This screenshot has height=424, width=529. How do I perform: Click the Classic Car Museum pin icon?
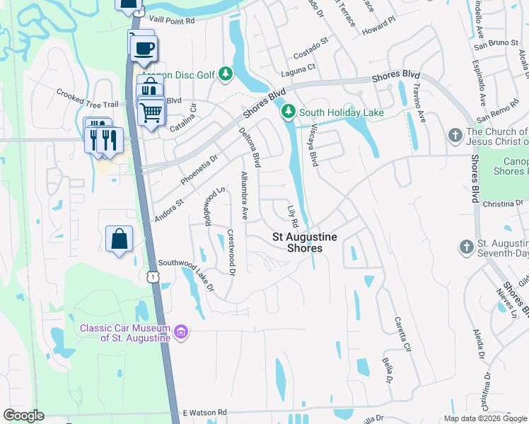(181, 332)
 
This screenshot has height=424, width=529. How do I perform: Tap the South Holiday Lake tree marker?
(289, 112)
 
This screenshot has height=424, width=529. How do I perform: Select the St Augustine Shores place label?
(305, 242)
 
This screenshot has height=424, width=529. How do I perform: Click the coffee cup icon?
(145, 49)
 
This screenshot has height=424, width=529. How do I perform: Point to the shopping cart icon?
(151, 112)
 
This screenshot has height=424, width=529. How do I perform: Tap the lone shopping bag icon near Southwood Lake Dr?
(119, 239)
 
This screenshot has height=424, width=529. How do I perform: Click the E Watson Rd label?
(204, 412)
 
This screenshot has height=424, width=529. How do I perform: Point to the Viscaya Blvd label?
(313, 146)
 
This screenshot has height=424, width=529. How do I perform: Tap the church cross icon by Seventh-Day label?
(465, 247)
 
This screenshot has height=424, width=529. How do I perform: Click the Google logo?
(24, 416)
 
